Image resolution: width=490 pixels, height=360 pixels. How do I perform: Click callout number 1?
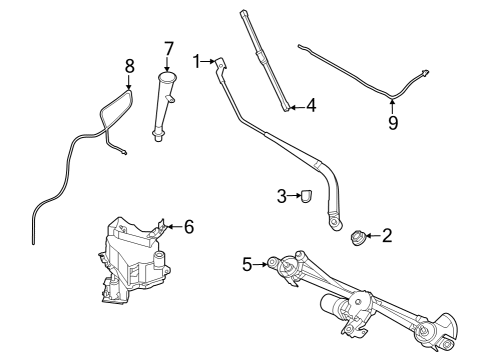(198, 60)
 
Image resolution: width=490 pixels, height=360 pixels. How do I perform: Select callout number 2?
(387, 236)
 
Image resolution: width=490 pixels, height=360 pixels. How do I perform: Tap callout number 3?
(283, 195)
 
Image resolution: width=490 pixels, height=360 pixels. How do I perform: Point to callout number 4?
(311, 104)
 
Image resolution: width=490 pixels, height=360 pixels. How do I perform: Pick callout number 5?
(247, 264)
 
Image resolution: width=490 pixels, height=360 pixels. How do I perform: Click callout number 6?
(188, 227)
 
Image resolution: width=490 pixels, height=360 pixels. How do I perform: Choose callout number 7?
(169, 47)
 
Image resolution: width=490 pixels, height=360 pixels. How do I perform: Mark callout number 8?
(129, 67)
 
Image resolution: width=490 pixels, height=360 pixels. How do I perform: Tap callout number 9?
(393, 123)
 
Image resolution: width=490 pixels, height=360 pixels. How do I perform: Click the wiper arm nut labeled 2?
(356, 237)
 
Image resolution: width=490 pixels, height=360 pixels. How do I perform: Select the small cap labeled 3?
(306, 196)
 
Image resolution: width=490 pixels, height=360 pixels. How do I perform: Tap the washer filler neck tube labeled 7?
(163, 105)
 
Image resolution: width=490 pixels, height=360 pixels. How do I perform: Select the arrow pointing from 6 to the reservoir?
(170, 227)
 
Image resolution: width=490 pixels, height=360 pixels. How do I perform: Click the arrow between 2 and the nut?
(371, 236)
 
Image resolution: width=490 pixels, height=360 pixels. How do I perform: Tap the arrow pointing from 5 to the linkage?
(262, 264)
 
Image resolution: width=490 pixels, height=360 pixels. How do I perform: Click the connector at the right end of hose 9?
(426, 73)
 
